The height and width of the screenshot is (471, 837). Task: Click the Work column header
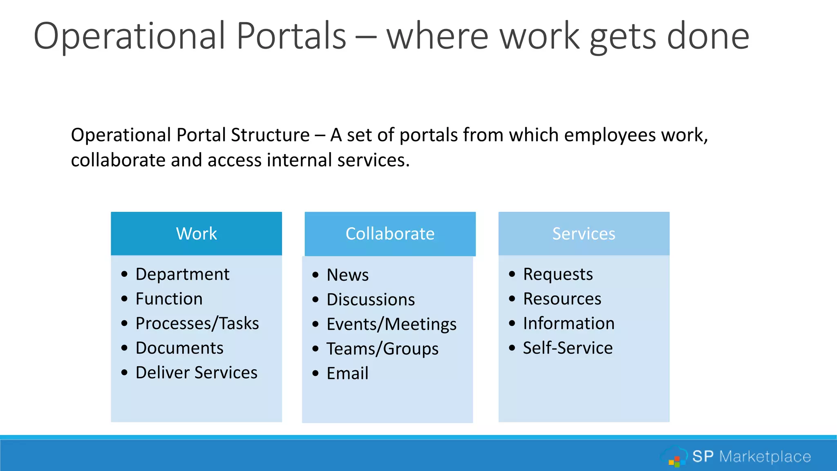(x=196, y=234)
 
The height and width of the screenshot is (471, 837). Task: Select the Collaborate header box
(x=390, y=234)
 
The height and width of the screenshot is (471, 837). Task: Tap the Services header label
(x=584, y=234)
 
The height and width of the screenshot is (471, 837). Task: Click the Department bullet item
(x=182, y=274)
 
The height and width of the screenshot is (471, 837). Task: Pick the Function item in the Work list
(x=169, y=299)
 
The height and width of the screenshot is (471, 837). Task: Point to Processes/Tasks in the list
(x=197, y=323)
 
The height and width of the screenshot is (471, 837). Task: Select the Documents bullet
(x=179, y=348)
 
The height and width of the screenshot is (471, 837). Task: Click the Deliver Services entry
(x=196, y=372)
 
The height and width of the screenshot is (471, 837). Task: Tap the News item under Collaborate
(x=347, y=275)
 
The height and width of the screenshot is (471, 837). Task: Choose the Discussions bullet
(x=371, y=300)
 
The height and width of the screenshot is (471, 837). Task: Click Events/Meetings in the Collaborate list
(x=391, y=324)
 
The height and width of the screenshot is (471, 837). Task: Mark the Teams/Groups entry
(x=382, y=349)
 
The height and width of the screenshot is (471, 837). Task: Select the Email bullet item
(x=347, y=373)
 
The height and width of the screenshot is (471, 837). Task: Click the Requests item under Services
(x=558, y=274)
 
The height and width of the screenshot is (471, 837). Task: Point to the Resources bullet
(x=562, y=299)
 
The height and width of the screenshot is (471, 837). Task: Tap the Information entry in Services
(x=568, y=323)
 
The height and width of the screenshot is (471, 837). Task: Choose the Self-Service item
(x=568, y=348)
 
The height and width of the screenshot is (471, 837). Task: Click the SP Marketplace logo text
(x=751, y=456)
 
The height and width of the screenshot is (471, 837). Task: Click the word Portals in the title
(x=291, y=36)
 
